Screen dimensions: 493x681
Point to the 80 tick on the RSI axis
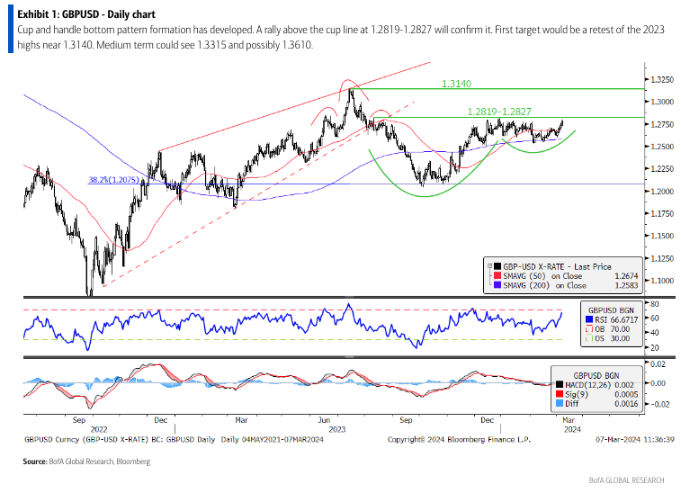pos(659,305)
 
